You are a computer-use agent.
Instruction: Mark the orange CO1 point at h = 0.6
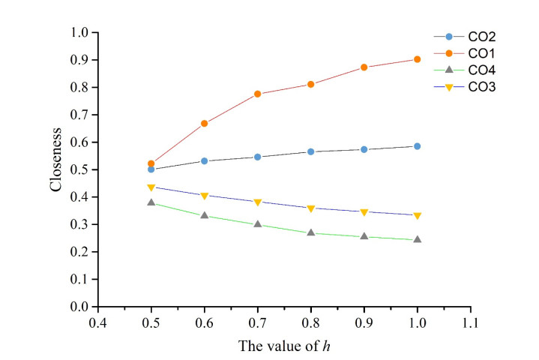tap(204, 123)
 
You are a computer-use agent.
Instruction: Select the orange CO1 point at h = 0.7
tap(257, 94)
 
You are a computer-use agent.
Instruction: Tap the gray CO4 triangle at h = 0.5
tap(151, 202)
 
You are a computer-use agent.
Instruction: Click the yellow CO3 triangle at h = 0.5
tap(151, 187)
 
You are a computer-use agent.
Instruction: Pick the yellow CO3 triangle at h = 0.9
tap(364, 212)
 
